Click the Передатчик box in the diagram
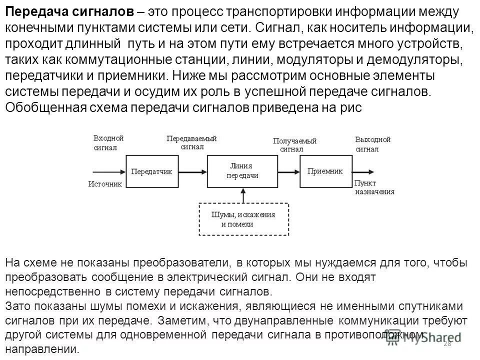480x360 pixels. click(151, 171)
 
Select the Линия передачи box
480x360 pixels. click(242, 171)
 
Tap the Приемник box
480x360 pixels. click(324, 171)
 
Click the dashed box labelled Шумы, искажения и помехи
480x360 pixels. click(243, 219)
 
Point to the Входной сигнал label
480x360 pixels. click(108, 143)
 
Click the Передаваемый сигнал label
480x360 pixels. click(191, 143)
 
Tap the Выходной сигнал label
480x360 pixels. click(372, 144)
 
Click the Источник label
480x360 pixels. click(105, 184)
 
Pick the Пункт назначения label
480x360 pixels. click(374, 187)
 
